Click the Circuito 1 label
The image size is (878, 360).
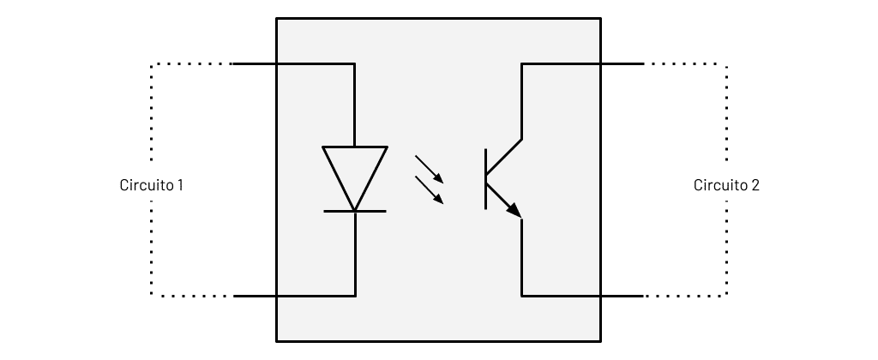(151, 185)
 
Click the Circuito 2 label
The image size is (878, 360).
(726, 185)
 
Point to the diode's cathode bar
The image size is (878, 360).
(354, 211)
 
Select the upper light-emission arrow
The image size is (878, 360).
(429, 169)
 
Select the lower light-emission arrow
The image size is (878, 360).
(429, 189)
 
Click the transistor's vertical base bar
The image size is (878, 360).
(485, 179)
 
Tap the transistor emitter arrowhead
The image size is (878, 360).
(514, 211)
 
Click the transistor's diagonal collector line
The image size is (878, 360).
(504, 157)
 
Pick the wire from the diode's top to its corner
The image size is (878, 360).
(354, 105)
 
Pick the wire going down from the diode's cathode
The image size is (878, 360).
(355, 254)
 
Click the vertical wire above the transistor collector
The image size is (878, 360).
(522, 101)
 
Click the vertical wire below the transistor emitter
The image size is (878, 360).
(522, 257)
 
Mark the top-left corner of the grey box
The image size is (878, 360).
(277, 19)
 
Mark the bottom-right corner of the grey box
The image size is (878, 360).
(601, 341)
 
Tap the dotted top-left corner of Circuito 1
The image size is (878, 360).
(151, 64)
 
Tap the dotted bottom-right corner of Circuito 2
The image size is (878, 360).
(727, 296)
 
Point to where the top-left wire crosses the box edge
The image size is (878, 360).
(277, 63)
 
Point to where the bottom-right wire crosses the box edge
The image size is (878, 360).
(601, 296)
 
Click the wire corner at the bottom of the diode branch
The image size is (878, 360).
(355, 296)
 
